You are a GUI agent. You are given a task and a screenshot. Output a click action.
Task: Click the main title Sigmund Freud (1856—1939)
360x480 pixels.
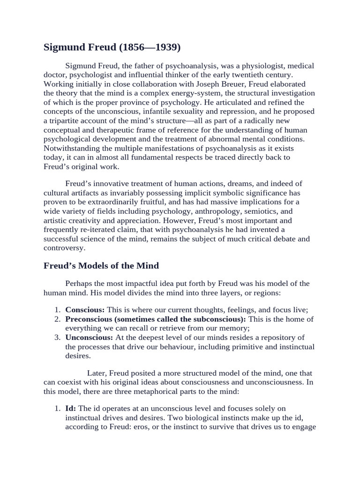(x=112, y=47)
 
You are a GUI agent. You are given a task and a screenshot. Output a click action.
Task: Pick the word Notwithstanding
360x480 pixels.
(x=74, y=148)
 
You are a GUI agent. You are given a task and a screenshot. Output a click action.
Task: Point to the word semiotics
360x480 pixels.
(x=264, y=211)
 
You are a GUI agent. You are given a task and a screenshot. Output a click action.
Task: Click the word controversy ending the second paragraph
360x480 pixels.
(x=66, y=248)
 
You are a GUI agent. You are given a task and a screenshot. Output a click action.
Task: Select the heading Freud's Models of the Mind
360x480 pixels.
(x=101, y=266)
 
